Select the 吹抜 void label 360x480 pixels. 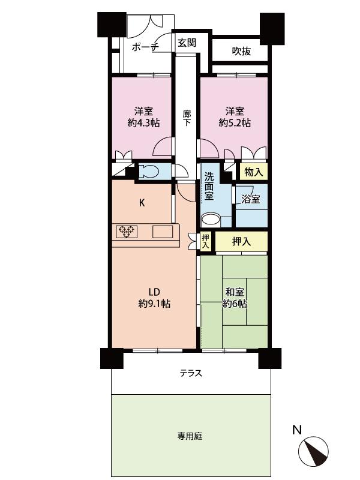241,52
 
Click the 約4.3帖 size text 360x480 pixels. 143,123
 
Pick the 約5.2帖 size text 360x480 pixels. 235,123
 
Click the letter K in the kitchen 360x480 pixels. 142,202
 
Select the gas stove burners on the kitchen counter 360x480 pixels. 127,230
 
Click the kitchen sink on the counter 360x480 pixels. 163,230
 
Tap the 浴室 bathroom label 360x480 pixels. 251,199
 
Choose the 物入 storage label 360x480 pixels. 253,172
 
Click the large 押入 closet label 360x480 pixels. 241,241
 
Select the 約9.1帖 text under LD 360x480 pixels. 154,304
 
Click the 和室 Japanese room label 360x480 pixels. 235,292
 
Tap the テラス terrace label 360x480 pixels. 191,374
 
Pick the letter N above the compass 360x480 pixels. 296,430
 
